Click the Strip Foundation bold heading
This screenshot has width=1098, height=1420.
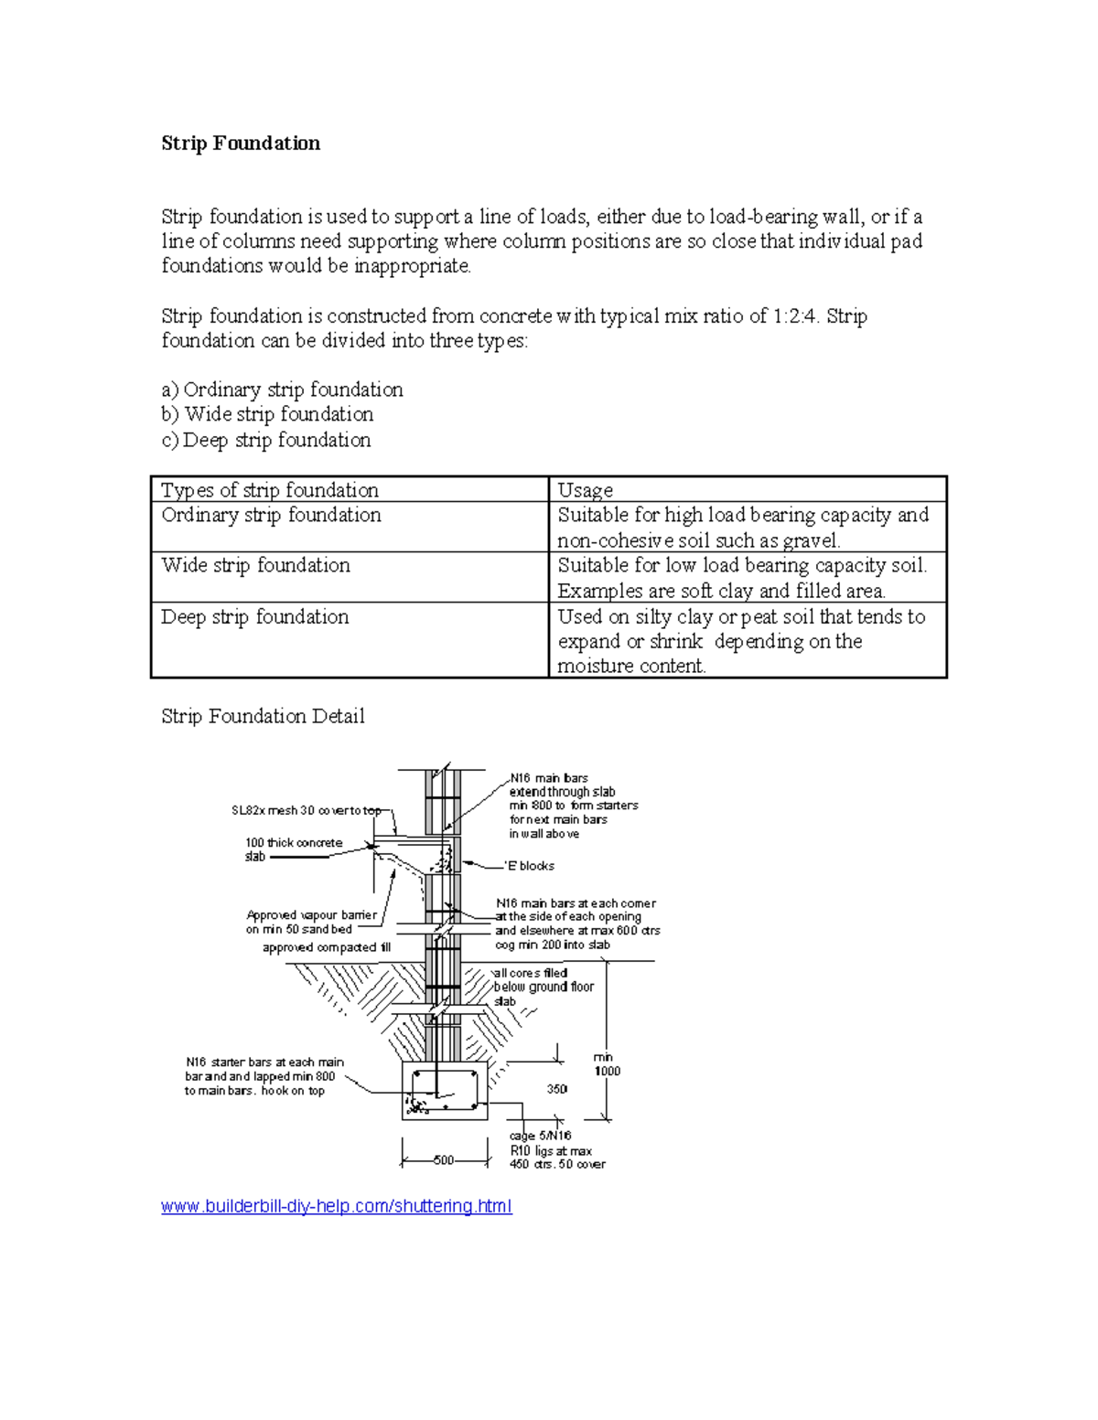[x=241, y=144]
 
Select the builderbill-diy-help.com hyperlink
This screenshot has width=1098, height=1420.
[x=336, y=1206]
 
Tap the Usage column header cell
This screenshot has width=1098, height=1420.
[x=586, y=490]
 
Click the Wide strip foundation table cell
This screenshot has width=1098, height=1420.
[x=256, y=566]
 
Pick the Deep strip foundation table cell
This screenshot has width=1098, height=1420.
[x=255, y=617]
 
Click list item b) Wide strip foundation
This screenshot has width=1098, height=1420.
[x=267, y=414]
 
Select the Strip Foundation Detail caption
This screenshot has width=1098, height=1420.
[x=263, y=716]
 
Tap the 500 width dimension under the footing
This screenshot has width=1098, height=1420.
[x=443, y=1160]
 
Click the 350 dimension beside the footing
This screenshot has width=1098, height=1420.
[x=557, y=1089]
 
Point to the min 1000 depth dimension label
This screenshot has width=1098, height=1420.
[x=606, y=1064]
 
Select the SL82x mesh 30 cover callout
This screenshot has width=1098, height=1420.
[x=306, y=811]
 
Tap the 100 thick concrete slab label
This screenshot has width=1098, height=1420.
[x=293, y=849]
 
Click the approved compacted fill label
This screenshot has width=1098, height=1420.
[x=327, y=948]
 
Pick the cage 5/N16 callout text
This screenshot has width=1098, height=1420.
[x=541, y=1136]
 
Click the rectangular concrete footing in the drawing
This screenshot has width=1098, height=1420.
[x=445, y=1091]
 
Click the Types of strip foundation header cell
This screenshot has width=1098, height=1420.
[x=270, y=490]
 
